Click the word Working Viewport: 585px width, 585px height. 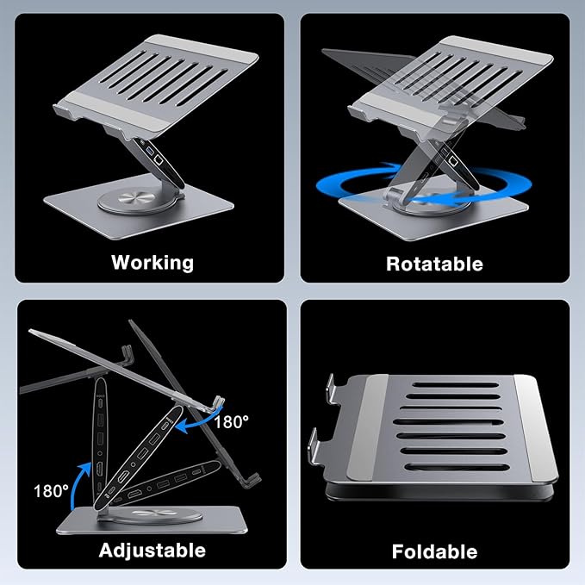(152, 262)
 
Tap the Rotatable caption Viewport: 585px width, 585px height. (434, 263)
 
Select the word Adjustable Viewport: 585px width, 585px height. (152, 550)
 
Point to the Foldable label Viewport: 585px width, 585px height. (434, 551)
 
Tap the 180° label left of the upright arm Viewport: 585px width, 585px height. (53, 491)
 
